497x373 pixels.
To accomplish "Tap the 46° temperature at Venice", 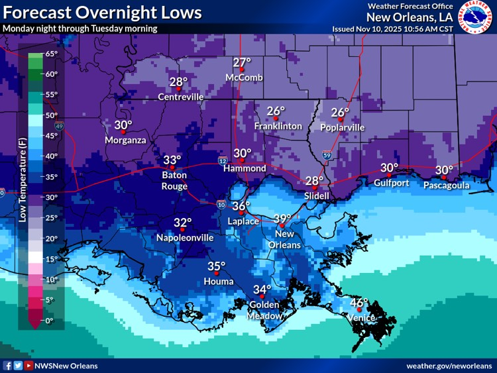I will coord(359,303).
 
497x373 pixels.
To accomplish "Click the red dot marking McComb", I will coord(243,69).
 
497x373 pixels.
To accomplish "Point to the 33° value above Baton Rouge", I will coord(172,160).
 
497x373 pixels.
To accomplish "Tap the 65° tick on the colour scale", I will coord(51,54).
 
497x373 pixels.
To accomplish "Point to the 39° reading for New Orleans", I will coord(282,219).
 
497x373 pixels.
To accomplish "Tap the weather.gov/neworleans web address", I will coord(449,366).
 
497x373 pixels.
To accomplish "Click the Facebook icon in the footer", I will coord(8,366).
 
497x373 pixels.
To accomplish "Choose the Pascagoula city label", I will coord(447,186).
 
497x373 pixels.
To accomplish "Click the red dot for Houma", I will coord(216,272).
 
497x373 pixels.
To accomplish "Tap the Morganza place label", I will coord(125,140).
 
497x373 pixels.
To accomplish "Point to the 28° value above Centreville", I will coord(178,82).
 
